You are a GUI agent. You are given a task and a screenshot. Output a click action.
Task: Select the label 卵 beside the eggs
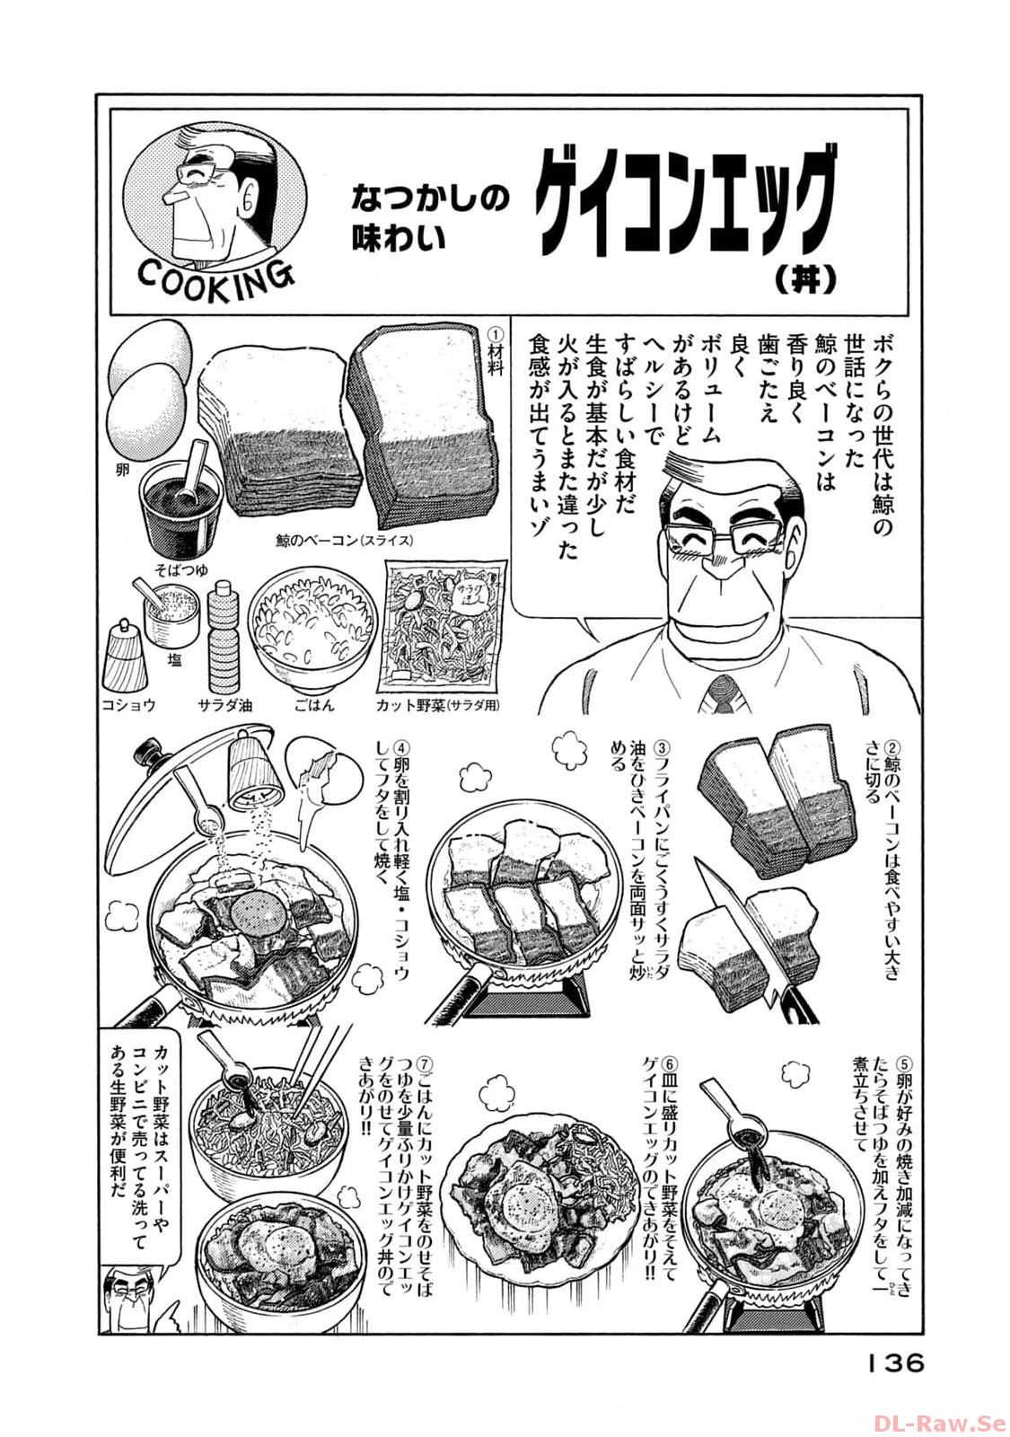pos(123,471)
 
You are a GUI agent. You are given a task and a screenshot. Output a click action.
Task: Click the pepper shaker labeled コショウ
pos(125,657)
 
